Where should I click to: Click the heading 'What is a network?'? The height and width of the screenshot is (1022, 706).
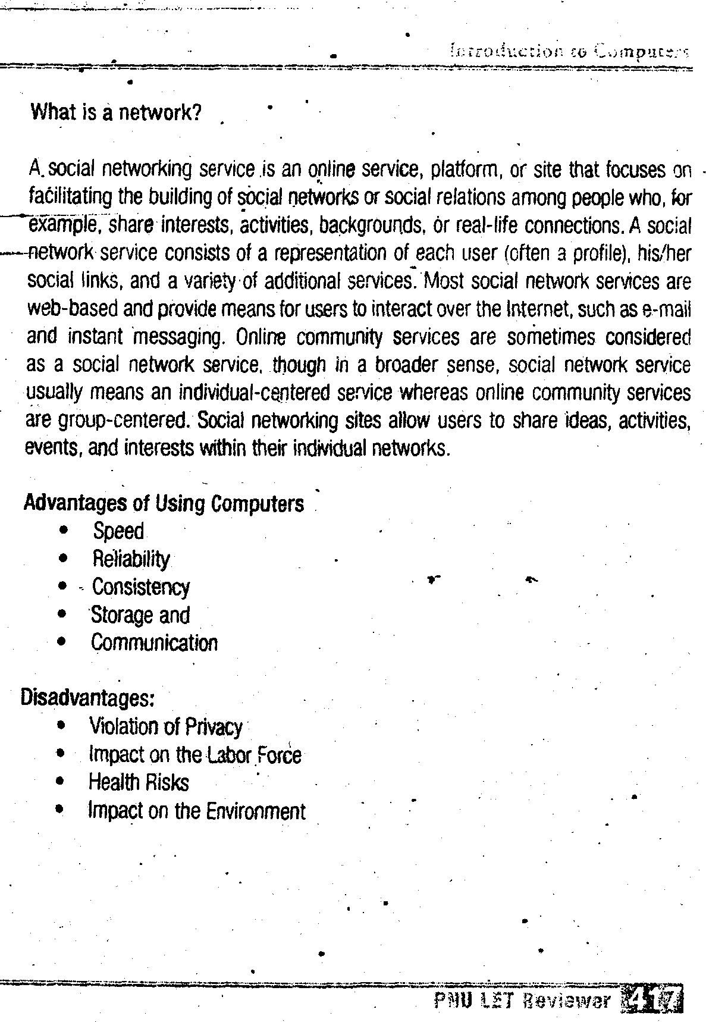point(116,112)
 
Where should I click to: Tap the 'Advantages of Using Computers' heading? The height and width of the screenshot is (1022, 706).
point(164,504)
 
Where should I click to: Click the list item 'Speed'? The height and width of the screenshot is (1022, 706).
point(118,531)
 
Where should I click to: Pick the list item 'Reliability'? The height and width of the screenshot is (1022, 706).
point(131,559)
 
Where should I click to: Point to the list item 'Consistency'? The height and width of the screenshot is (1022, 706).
point(141,587)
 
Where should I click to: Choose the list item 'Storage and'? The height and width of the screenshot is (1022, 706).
point(140,615)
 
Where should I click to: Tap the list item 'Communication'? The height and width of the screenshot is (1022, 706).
point(155,643)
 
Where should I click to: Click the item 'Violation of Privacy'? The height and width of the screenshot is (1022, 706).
point(165,726)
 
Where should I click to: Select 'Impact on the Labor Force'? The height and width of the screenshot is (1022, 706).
point(194,755)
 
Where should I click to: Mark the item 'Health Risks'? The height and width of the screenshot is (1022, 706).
point(139,782)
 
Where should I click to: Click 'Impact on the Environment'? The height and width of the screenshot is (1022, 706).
point(197,811)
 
